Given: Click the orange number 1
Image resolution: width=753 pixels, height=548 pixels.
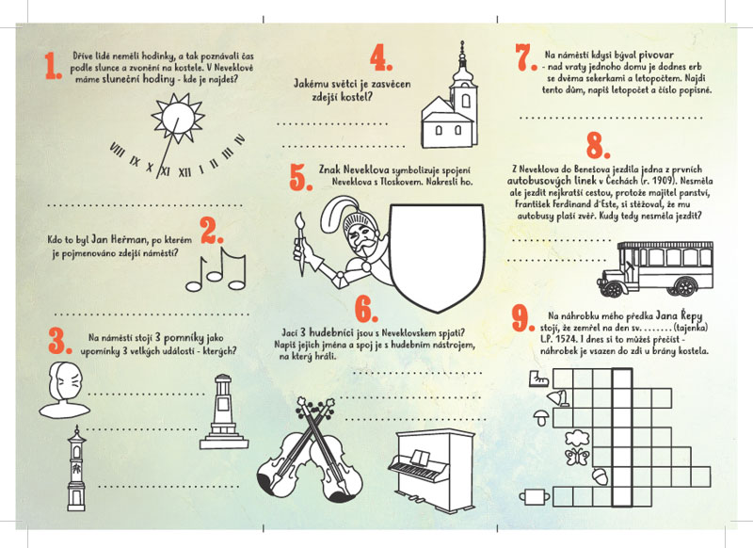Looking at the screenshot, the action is [53, 66].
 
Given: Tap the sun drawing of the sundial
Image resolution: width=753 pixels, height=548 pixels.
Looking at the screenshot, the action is [178, 117].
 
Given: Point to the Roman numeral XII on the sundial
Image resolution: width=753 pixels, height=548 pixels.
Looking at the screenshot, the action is [184, 172].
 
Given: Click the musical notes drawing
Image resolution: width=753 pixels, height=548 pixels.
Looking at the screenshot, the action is [216, 269].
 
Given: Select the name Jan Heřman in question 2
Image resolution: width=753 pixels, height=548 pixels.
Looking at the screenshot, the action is [119, 239].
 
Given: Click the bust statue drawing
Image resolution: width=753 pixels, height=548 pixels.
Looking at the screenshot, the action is [64, 390].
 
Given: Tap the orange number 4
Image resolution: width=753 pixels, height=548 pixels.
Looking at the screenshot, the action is [381, 57].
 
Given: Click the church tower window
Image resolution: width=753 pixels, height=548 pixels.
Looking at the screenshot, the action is [465, 101].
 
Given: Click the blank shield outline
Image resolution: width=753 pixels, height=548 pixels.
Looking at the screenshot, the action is [437, 257].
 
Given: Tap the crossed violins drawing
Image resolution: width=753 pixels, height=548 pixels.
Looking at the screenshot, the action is [311, 448].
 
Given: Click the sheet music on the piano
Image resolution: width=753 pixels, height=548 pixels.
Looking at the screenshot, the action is [419, 458].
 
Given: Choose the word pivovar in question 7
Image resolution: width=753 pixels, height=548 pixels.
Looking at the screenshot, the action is [656, 55].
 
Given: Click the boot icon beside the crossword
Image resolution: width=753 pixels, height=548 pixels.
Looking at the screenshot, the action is [538, 379].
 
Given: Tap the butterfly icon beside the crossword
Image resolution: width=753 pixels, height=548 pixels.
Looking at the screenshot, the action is [577, 457].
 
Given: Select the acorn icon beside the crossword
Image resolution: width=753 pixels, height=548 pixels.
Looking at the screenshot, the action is [601, 476].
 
